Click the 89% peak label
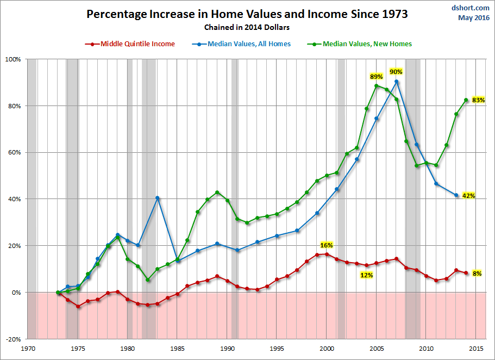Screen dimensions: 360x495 click(x=376, y=77)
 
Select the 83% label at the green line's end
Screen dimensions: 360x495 click(x=478, y=100)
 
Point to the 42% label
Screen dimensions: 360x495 click(x=468, y=196)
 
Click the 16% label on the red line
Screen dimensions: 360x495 click(x=327, y=245)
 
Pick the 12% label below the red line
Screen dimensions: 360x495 click(x=366, y=275)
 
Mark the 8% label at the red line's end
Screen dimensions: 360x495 click(x=477, y=274)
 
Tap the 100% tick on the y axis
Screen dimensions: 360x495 click(x=13, y=59)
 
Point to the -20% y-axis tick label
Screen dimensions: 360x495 click(x=13, y=339)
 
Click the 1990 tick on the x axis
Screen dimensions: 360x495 click(x=228, y=349)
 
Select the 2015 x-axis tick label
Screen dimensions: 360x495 click(x=476, y=349)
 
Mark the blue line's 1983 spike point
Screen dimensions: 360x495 click(x=158, y=198)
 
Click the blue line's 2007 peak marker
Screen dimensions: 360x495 click(x=397, y=82)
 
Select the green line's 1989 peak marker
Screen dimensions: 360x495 click(x=217, y=193)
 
